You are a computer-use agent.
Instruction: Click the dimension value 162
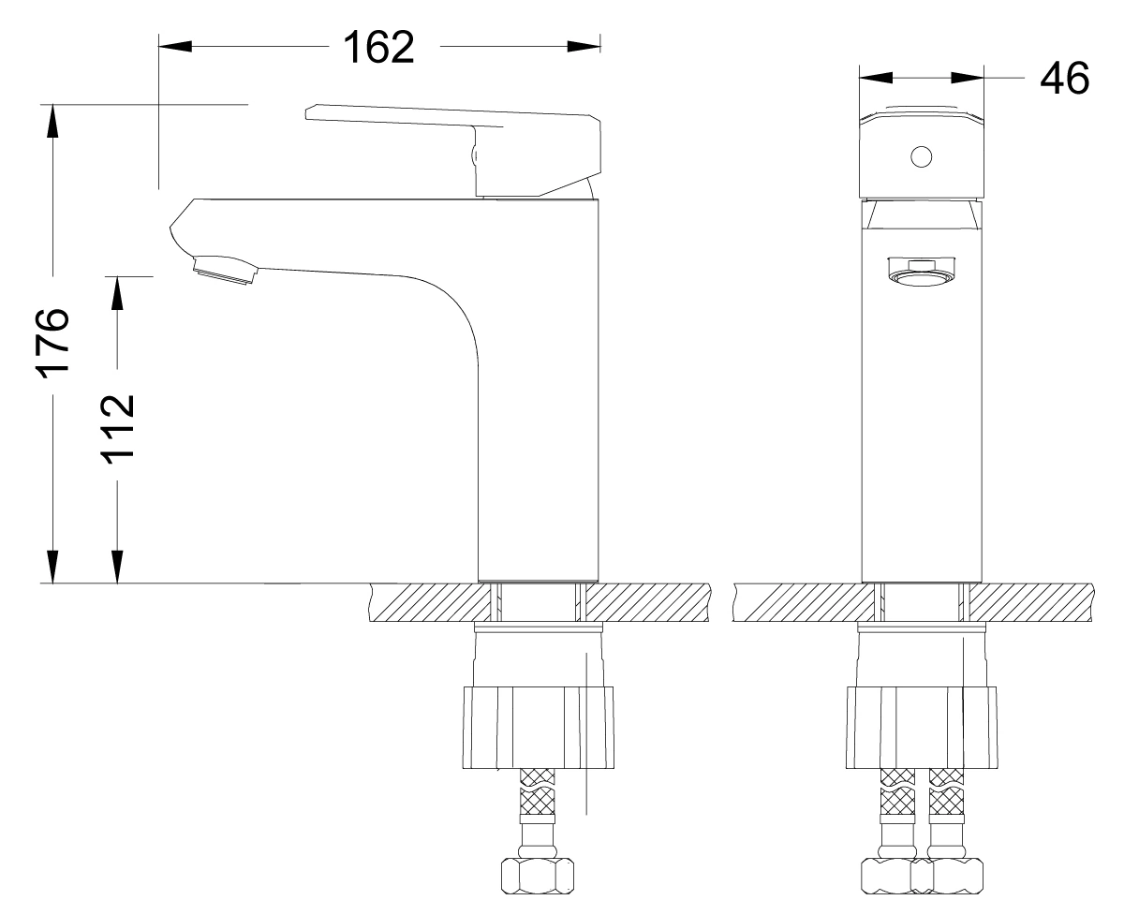pos(378,47)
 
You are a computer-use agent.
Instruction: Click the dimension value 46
pos(1064,79)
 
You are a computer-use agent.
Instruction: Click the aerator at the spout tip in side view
pos(223,272)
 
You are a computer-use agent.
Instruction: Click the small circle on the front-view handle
pos(922,156)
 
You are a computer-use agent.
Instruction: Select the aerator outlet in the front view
pos(922,275)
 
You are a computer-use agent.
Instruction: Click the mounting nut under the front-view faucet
pos(922,727)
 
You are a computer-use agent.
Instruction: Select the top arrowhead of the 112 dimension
pos(118,291)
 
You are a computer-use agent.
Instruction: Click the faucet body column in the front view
pos(922,421)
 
